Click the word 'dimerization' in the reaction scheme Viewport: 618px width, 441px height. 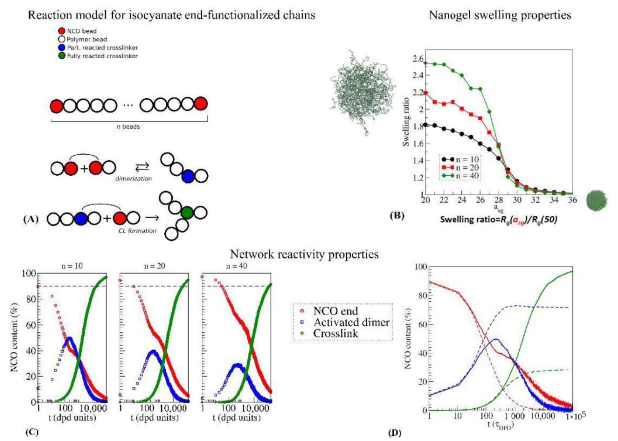(x=133, y=179)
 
